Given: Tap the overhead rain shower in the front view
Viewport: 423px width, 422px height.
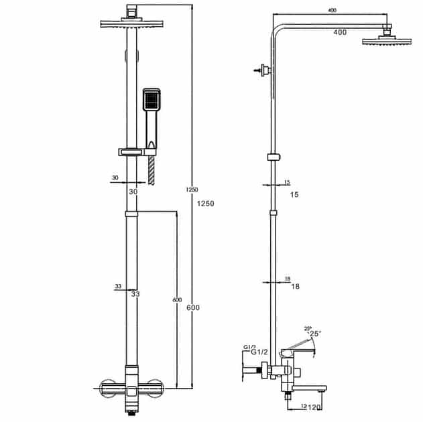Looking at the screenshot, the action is coord(131,23).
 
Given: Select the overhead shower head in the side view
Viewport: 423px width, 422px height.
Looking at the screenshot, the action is coord(387,40).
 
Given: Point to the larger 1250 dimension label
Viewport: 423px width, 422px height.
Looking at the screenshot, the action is coord(206,204).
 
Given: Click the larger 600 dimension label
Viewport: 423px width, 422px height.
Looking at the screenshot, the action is coord(193,307).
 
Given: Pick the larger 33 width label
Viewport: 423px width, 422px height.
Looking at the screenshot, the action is coord(135,294).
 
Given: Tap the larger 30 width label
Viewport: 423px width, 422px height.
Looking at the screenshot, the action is coord(133,192).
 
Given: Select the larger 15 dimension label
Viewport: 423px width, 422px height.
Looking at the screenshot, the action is coord(294,194).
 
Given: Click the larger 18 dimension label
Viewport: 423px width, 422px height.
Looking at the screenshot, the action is coord(296,286).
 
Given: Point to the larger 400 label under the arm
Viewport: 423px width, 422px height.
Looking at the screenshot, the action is coord(340,32).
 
